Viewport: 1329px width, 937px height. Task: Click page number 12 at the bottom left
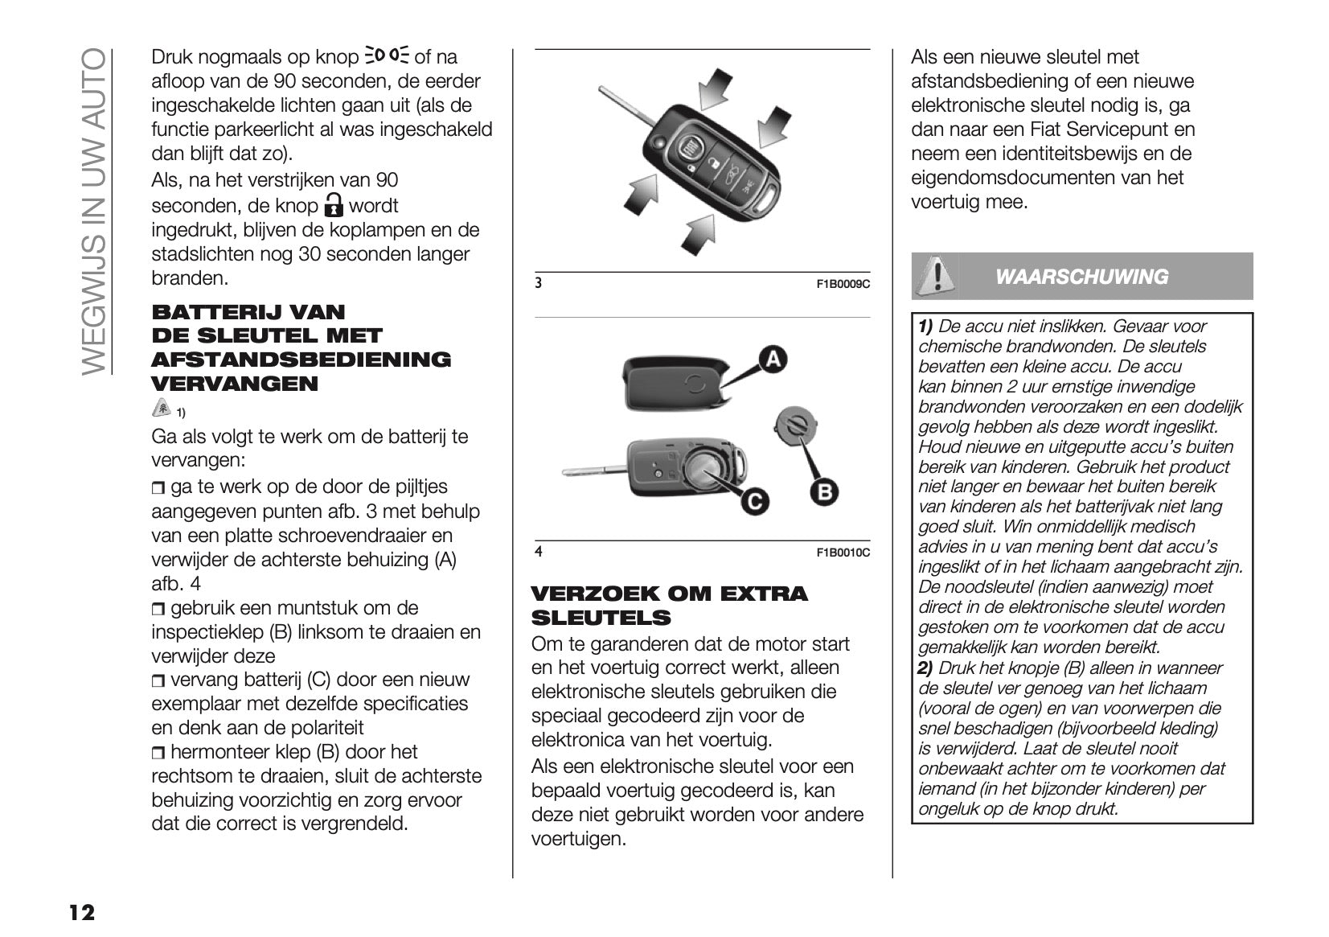coord(81,912)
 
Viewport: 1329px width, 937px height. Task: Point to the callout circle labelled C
coord(754,501)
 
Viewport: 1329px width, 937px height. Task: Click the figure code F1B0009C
coord(843,284)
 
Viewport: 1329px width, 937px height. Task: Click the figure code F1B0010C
coord(843,553)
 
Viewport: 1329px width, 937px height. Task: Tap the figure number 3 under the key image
coord(539,283)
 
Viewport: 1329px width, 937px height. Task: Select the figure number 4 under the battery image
coord(539,552)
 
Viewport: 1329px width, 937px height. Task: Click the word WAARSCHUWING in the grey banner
coord(1081,277)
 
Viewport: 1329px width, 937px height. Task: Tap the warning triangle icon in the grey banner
coord(934,275)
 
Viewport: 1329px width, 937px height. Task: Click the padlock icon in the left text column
coord(333,206)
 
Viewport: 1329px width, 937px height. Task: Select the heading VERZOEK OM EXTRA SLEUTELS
coord(669,606)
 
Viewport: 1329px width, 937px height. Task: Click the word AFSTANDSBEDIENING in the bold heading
coord(301,360)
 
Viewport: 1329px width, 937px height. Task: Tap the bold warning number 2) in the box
coord(925,668)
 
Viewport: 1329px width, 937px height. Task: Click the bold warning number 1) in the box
coord(925,327)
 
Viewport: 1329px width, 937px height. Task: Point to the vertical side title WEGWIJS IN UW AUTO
coord(94,211)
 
